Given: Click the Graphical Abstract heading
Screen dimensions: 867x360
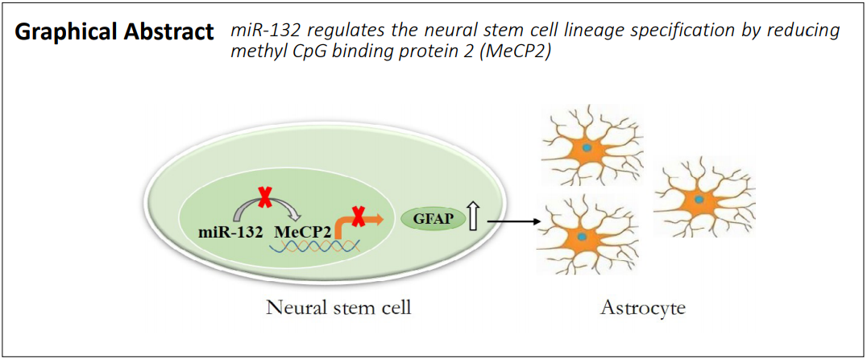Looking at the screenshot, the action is [x=114, y=33].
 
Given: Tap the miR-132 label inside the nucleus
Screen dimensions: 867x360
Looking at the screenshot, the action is [x=230, y=231].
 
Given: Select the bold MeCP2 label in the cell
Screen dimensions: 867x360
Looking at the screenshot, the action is [x=301, y=231].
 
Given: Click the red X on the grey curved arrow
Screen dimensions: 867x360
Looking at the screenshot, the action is [x=265, y=197].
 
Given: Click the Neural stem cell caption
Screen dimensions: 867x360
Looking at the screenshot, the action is [x=338, y=308].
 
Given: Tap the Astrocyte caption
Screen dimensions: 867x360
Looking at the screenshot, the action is [x=643, y=308].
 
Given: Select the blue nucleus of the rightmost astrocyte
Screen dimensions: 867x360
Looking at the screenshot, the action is [x=699, y=198].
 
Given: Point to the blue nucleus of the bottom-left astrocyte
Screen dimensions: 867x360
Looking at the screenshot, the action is [x=582, y=236].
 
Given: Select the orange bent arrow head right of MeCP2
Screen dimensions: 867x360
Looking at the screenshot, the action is [x=376, y=220].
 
